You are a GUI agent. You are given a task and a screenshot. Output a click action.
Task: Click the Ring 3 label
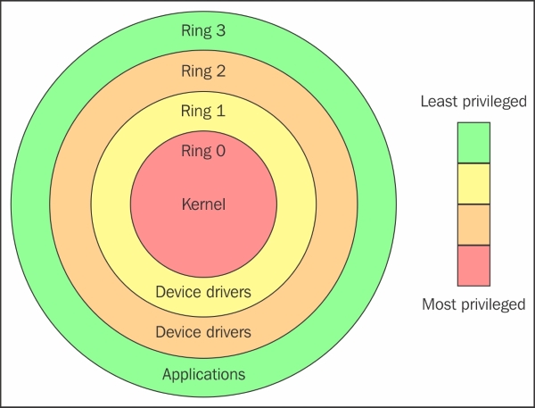coord(203,30)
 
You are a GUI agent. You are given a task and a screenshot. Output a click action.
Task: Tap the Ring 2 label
coord(203,71)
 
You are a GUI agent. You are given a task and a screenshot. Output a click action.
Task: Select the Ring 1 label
coord(203,112)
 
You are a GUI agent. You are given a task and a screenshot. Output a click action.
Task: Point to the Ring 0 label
coord(203,151)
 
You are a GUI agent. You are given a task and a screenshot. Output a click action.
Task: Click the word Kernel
coord(203,204)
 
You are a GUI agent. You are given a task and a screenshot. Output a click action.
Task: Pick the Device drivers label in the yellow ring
coord(203,292)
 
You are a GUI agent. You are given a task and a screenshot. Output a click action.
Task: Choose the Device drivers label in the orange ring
coord(203,332)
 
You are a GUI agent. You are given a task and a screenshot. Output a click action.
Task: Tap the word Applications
coord(203,373)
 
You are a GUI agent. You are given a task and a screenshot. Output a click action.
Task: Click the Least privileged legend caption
coord(473,102)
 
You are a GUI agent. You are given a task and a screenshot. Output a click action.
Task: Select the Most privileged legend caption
coord(473,304)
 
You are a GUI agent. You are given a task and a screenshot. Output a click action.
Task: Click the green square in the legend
coord(473,143)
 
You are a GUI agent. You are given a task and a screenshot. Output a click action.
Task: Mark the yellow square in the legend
coord(473,184)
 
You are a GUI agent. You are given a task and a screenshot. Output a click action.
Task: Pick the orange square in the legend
coord(473,225)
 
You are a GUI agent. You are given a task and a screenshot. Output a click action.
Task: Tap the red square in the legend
coord(473,265)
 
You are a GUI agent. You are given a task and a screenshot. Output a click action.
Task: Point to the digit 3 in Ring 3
coord(220,30)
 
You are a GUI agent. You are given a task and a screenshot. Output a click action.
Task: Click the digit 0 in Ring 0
coord(220,151)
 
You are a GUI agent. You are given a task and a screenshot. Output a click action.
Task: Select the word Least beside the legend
coord(439,102)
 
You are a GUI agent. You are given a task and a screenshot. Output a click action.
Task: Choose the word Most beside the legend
coord(438,304)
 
